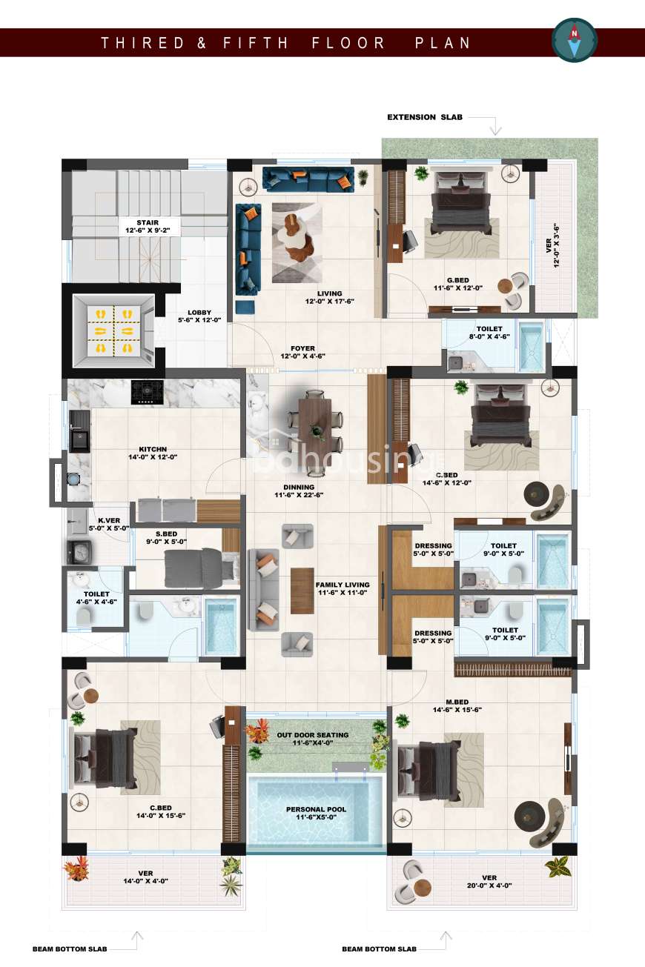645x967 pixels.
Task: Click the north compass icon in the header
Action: coord(574,41)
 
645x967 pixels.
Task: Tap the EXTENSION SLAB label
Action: coord(425,117)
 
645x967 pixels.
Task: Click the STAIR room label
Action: coord(148,227)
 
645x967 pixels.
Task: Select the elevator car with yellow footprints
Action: coord(113,330)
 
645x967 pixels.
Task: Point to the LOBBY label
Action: coord(199,316)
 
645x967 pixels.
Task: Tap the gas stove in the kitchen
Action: coord(148,392)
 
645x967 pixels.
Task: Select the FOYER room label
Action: coord(302,352)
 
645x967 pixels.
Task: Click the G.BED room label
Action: coord(458,284)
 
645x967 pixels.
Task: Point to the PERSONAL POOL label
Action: coord(316,813)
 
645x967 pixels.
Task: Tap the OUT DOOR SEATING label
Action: coord(313,739)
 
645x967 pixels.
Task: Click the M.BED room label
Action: coord(457,706)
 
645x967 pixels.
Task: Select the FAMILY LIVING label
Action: coord(343,589)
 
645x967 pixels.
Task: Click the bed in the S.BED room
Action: coord(202,568)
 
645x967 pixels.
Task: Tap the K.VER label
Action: coord(109,524)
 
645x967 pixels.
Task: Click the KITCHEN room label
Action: coord(153,453)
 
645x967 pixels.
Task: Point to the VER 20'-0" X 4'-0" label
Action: coord(489,882)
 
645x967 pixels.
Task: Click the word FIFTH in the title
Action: coord(255,43)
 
